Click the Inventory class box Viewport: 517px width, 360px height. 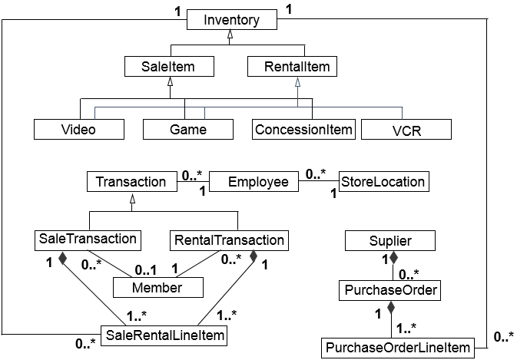click(x=231, y=20)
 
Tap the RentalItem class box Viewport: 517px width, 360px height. click(x=290, y=67)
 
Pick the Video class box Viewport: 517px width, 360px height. click(x=78, y=129)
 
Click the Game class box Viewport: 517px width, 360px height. click(x=187, y=129)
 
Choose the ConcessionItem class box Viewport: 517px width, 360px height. click(x=303, y=128)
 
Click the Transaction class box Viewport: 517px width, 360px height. click(x=131, y=182)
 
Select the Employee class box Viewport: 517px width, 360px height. click(x=259, y=182)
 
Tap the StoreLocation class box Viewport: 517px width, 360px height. click(x=383, y=182)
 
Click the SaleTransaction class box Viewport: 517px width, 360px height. click(x=87, y=239)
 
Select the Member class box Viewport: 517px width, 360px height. click(x=158, y=288)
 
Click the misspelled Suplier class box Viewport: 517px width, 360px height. click(x=391, y=241)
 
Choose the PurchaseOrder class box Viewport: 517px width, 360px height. click(x=390, y=291)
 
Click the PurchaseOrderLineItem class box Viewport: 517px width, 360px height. click(x=397, y=348)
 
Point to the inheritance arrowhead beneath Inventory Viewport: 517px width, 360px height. click(x=231, y=37)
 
